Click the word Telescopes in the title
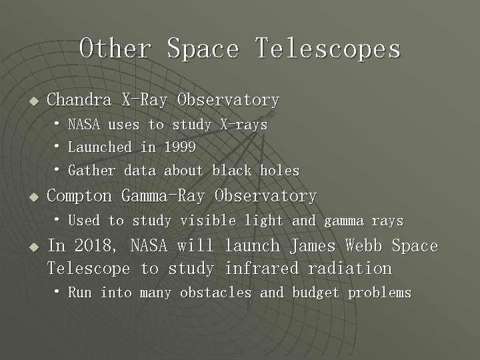[x=327, y=48]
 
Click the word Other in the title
[x=115, y=48]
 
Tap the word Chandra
[x=79, y=100]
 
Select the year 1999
[x=180, y=147]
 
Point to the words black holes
[x=256, y=171]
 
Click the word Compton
[x=79, y=196]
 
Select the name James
[x=313, y=246]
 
